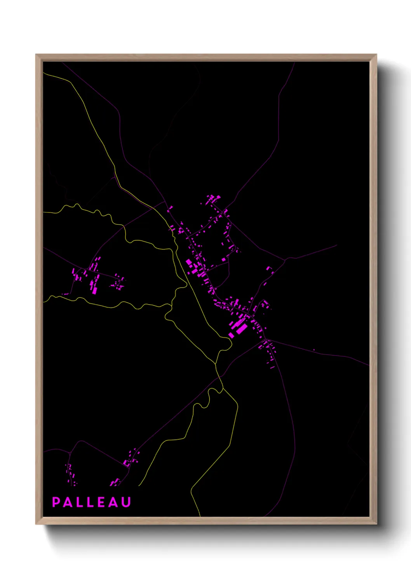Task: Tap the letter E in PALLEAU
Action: point(101,502)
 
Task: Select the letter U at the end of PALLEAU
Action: point(126,502)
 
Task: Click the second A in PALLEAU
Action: point(113,502)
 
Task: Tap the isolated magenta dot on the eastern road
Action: point(314,350)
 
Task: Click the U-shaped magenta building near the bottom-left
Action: point(127,463)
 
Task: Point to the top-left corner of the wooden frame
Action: point(36,55)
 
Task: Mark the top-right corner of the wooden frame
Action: point(376,55)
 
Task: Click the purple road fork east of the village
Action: point(286,259)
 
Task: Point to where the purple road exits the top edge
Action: point(294,63)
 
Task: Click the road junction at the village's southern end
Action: point(266,339)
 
